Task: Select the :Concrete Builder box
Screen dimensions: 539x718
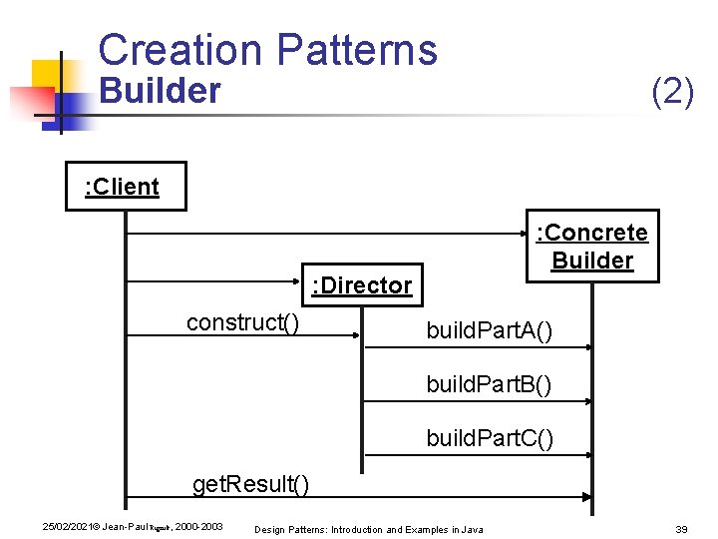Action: (x=592, y=247)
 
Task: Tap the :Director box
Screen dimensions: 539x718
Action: (x=361, y=285)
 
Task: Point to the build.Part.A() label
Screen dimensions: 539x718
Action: (x=488, y=330)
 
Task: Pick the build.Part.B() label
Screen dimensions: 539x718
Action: (x=489, y=384)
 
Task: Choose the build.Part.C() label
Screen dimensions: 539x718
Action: (x=489, y=438)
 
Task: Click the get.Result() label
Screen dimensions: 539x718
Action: (x=250, y=485)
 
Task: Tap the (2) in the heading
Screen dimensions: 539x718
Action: (x=672, y=92)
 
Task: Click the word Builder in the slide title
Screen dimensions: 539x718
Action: (x=160, y=91)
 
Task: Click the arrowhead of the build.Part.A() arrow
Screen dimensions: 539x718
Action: (x=587, y=347)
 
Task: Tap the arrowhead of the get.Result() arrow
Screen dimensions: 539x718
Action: (x=587, y=496)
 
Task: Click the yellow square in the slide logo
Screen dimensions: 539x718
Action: (x=47, y=75)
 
